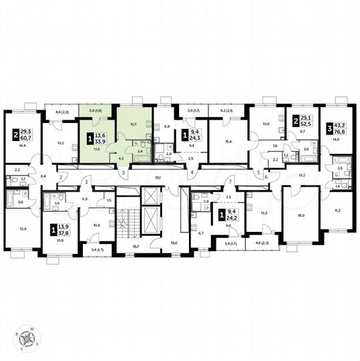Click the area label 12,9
pyautogui.click(x=24, y=229)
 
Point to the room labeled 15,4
pyautogui.click(x=228, y=142)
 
